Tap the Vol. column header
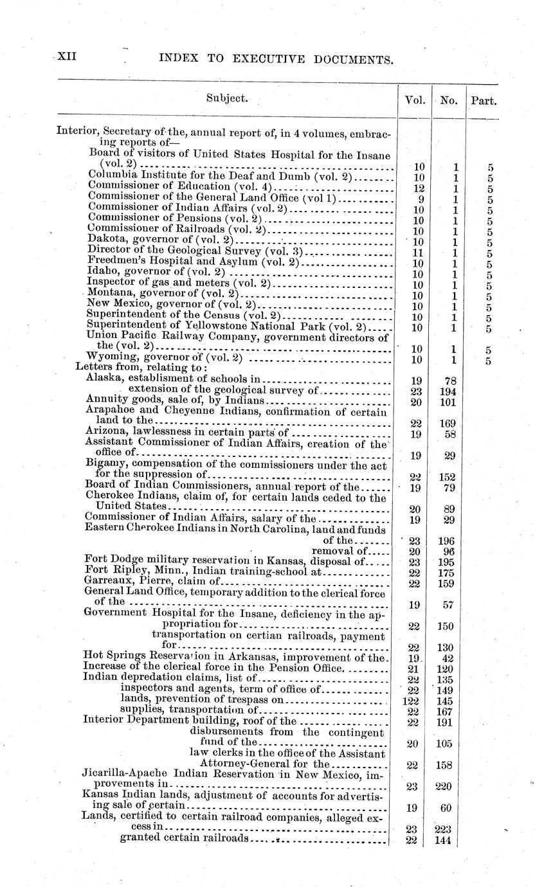[414, 100]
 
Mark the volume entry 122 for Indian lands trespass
[414, 701]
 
